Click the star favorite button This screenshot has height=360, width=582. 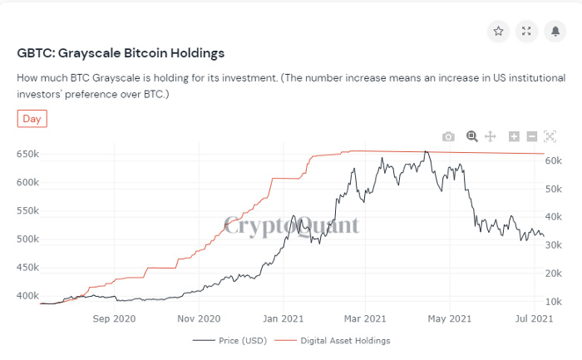498,32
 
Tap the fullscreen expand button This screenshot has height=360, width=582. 526,32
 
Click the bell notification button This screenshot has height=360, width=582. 555,32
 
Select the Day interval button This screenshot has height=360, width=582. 32,119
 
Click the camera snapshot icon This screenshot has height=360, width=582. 448,136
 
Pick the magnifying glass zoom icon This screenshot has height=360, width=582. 471,136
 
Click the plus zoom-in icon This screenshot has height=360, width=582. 514,136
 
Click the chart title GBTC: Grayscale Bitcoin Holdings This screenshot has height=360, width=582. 121,53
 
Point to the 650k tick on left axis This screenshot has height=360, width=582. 27,154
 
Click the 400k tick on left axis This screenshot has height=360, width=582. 27,296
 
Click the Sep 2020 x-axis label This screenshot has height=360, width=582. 114,318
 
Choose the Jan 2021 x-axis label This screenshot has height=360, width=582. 282,318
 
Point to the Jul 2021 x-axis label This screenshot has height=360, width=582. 533,318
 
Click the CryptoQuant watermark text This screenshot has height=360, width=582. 291,225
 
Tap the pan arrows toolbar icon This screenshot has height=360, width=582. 491,136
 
